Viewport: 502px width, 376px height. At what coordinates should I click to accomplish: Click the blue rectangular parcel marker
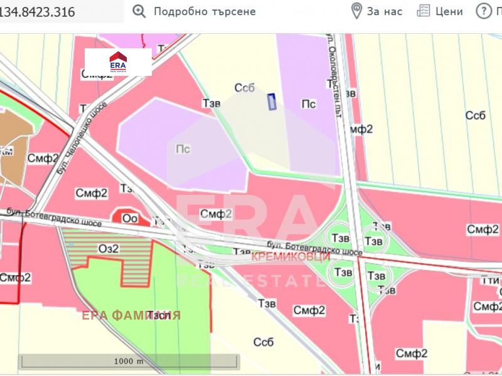click(x=272, y=102)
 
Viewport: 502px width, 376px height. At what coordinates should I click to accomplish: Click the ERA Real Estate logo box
click(x=118, y=63)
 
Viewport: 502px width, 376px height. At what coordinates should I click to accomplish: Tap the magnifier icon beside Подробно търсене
click(x=139, y=11)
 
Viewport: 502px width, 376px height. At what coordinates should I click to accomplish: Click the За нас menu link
click(x=385, y=11)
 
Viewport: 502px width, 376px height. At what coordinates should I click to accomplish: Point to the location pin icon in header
click(x=356, y=11)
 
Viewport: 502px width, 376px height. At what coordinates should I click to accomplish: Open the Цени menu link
click(x=449, y=11)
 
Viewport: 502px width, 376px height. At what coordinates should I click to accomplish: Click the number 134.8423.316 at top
click(x=39, y=11)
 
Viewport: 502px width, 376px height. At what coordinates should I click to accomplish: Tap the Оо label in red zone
click(x=131, y=219)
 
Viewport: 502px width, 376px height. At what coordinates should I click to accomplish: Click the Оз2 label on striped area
click(x=109, y=248)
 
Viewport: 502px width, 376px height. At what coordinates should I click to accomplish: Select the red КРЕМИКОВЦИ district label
click(x=290, y=257)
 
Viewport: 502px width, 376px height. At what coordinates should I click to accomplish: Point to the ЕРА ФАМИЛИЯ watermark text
click(x=131, y=315)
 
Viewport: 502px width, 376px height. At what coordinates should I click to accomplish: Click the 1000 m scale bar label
click(x=129, y=362)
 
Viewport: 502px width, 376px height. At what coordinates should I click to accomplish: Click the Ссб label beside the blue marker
click(x=244, y=88)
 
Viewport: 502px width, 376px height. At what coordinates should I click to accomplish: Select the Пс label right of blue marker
click(x=309, y=104)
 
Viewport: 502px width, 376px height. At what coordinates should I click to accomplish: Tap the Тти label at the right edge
click(x=491, y=281)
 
